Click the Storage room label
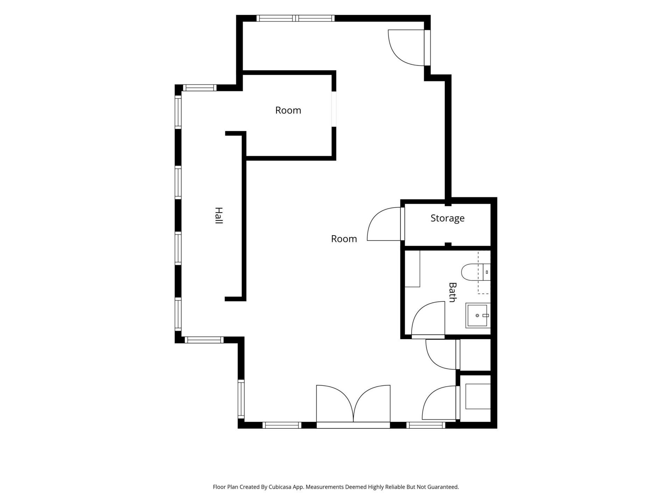coord(447,218)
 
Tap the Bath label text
coord(453,292)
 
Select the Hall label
coord(219,216)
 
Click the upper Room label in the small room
coord(288,110)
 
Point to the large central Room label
coord(344,239)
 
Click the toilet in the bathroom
coord(476,272)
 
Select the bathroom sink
coord(478,315)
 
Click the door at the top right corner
coord(409,48)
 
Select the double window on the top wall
coord(295,18)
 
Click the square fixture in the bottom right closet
coord(478,396)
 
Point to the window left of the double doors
coord(282,425)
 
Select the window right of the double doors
coord(426,425)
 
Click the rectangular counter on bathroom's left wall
coord(412,269)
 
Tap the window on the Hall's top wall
coord(199,88)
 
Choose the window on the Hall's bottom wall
coord(204,340)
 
